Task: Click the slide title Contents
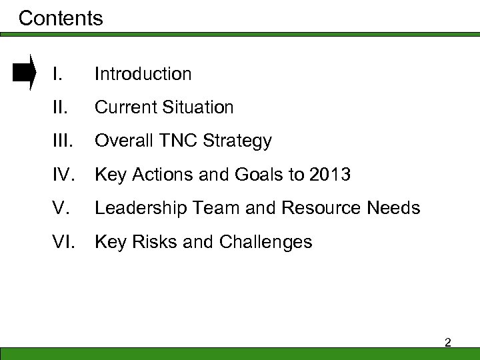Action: point(61,18)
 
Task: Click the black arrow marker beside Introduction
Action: point(25,73)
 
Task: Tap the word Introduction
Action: point(143,74)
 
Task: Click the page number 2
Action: point(447,342)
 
